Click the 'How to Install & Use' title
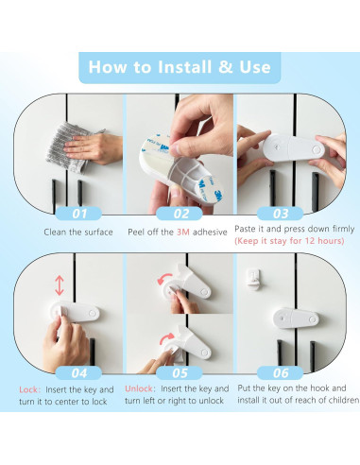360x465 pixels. point(180,67)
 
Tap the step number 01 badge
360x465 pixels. point(78,214)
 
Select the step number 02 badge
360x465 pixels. point(180,214)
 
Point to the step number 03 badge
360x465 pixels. point(280,214)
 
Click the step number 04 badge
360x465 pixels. point(78,373)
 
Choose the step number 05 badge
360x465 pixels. point(180,373)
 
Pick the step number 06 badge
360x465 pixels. point(280,373)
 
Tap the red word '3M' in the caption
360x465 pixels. point(183,232)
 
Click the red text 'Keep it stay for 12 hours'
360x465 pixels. point(289,241)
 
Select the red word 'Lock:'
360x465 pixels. point(30,389)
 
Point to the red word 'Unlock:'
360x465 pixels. point(140,388)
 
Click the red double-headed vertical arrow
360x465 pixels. point(60,285)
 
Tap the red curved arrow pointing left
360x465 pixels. point(165,279)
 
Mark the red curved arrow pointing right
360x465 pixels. point(167,338)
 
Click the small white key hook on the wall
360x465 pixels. point(253,279)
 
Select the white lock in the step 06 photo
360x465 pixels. point(296,319)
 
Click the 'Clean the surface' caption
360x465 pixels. point(78,232)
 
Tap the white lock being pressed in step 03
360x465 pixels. point(294,148)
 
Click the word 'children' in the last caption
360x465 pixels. point(344,400)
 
